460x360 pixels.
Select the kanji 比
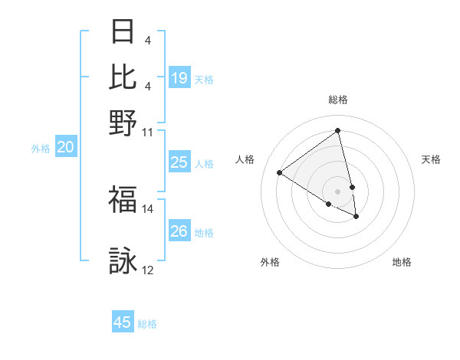[x=123, y=76]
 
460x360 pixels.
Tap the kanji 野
[x=123, y=123]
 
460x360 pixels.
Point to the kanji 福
[x=123, y=200]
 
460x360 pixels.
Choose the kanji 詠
[x=123, y=261]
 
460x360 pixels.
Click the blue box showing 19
[x=179, y=78]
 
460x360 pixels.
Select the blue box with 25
[x=179, y=162]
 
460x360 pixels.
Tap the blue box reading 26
[x=179, y=231]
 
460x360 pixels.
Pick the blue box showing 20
[x=65, y=148]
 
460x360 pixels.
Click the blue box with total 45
[x=123, y=322]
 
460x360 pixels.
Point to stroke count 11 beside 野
[x=148, y=131]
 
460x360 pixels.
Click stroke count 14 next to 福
[x=148, y=208]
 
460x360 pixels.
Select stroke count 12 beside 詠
[x=148, y=270]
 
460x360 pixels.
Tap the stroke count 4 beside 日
[x=147, y=39]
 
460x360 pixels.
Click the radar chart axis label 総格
[x=338, y=100]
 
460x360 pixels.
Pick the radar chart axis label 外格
[x=270, y=262]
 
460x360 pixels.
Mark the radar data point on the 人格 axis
[x=280, y=172]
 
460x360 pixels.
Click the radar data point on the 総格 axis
[x=338, y=130]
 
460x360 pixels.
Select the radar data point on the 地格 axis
[x=356, y=217]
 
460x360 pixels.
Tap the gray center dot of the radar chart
[x=338, y=191]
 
